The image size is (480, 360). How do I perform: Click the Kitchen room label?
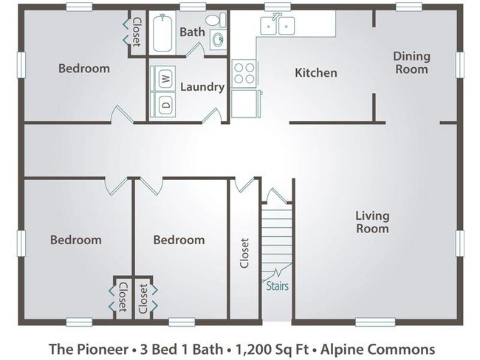coord(316,73)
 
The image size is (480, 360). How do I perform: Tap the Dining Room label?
coord(411,63)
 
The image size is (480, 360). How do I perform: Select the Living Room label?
coord(372,222)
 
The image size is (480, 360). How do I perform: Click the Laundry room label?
coord(202,87)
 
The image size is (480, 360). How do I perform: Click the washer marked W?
coord(165,77)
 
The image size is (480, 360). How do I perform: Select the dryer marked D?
coord(165,104)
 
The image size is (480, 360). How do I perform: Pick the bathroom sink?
coord(218,40)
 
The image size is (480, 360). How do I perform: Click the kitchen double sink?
coord(278,26)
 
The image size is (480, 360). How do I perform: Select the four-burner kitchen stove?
coord(244,73)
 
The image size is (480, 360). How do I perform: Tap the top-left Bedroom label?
coord(84,69)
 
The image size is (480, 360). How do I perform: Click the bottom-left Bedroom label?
coord(75,240)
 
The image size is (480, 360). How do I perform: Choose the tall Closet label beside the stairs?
coord(244,252)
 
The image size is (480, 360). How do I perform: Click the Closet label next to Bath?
coord(136,32)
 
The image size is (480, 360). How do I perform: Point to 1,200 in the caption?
coord(253,348)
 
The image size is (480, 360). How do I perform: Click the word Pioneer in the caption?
coord(97,348)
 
